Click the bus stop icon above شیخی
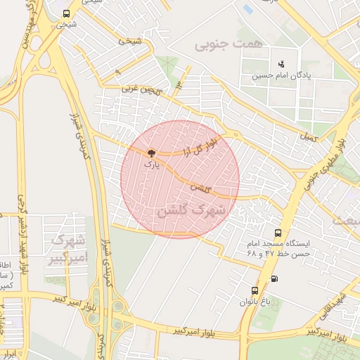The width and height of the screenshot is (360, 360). pos(66,13)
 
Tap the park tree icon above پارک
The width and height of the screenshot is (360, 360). pos(151,153)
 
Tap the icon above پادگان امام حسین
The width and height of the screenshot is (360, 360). pos(282,64)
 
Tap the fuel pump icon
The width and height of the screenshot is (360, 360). pos(274,278)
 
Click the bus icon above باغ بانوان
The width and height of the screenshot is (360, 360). pos(255,290)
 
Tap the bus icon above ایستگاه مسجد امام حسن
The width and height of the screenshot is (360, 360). pos(278,232)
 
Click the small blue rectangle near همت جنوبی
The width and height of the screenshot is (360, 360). pos(247,10)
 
